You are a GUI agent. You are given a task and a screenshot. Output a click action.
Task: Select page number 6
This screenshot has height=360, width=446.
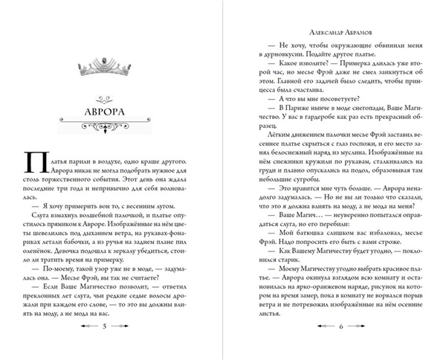[338, 327]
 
